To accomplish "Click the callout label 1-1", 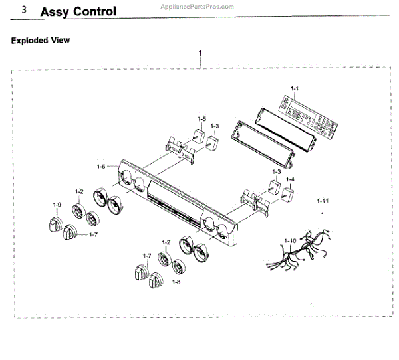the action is tap(295, 88).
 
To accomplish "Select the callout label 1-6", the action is tap(101, 166).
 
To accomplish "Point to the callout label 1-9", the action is tap(58, 204).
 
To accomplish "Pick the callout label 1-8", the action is tap(176, 282).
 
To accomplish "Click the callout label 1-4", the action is tap(291, 179).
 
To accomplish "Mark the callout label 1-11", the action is tap(323, 200).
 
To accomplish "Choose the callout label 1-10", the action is tap(290, 239).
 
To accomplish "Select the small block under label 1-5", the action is tap(198, 137).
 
